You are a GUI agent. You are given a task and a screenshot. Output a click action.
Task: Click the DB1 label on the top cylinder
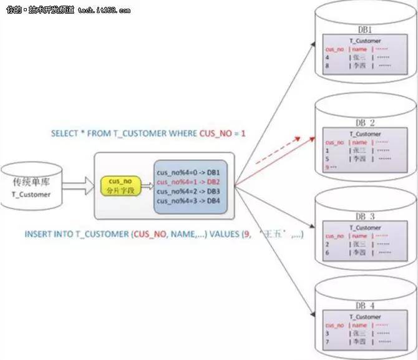[x=365, y=29]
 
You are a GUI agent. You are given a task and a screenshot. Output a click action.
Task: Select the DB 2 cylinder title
[x=366, y=123]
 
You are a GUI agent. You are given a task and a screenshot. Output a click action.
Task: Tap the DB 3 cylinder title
[x=366, y=216]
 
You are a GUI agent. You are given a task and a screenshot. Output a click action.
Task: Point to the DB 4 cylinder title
[x=366, y=306]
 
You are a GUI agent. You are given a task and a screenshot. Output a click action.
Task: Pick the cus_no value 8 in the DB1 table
[x=328, y=64]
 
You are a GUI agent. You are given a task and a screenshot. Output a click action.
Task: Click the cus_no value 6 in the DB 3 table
[x=328, y=253]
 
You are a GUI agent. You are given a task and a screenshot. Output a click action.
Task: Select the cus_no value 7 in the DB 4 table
[x=328, y=342]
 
